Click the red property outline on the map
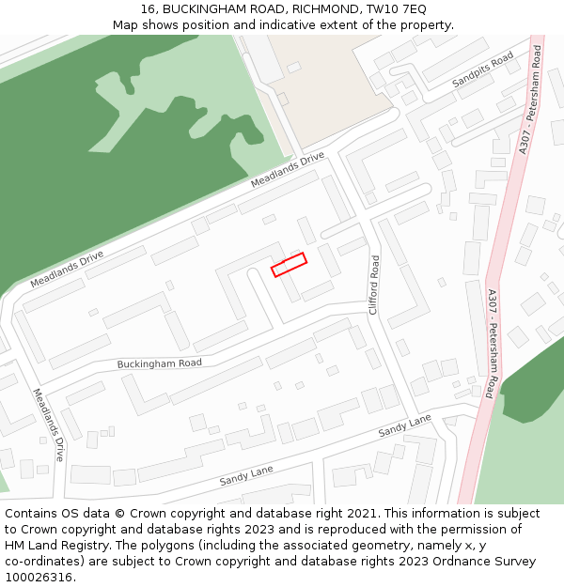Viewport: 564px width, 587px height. (290, 265)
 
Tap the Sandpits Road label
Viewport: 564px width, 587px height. (483, 70)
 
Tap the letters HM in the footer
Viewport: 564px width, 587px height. (15, 546)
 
